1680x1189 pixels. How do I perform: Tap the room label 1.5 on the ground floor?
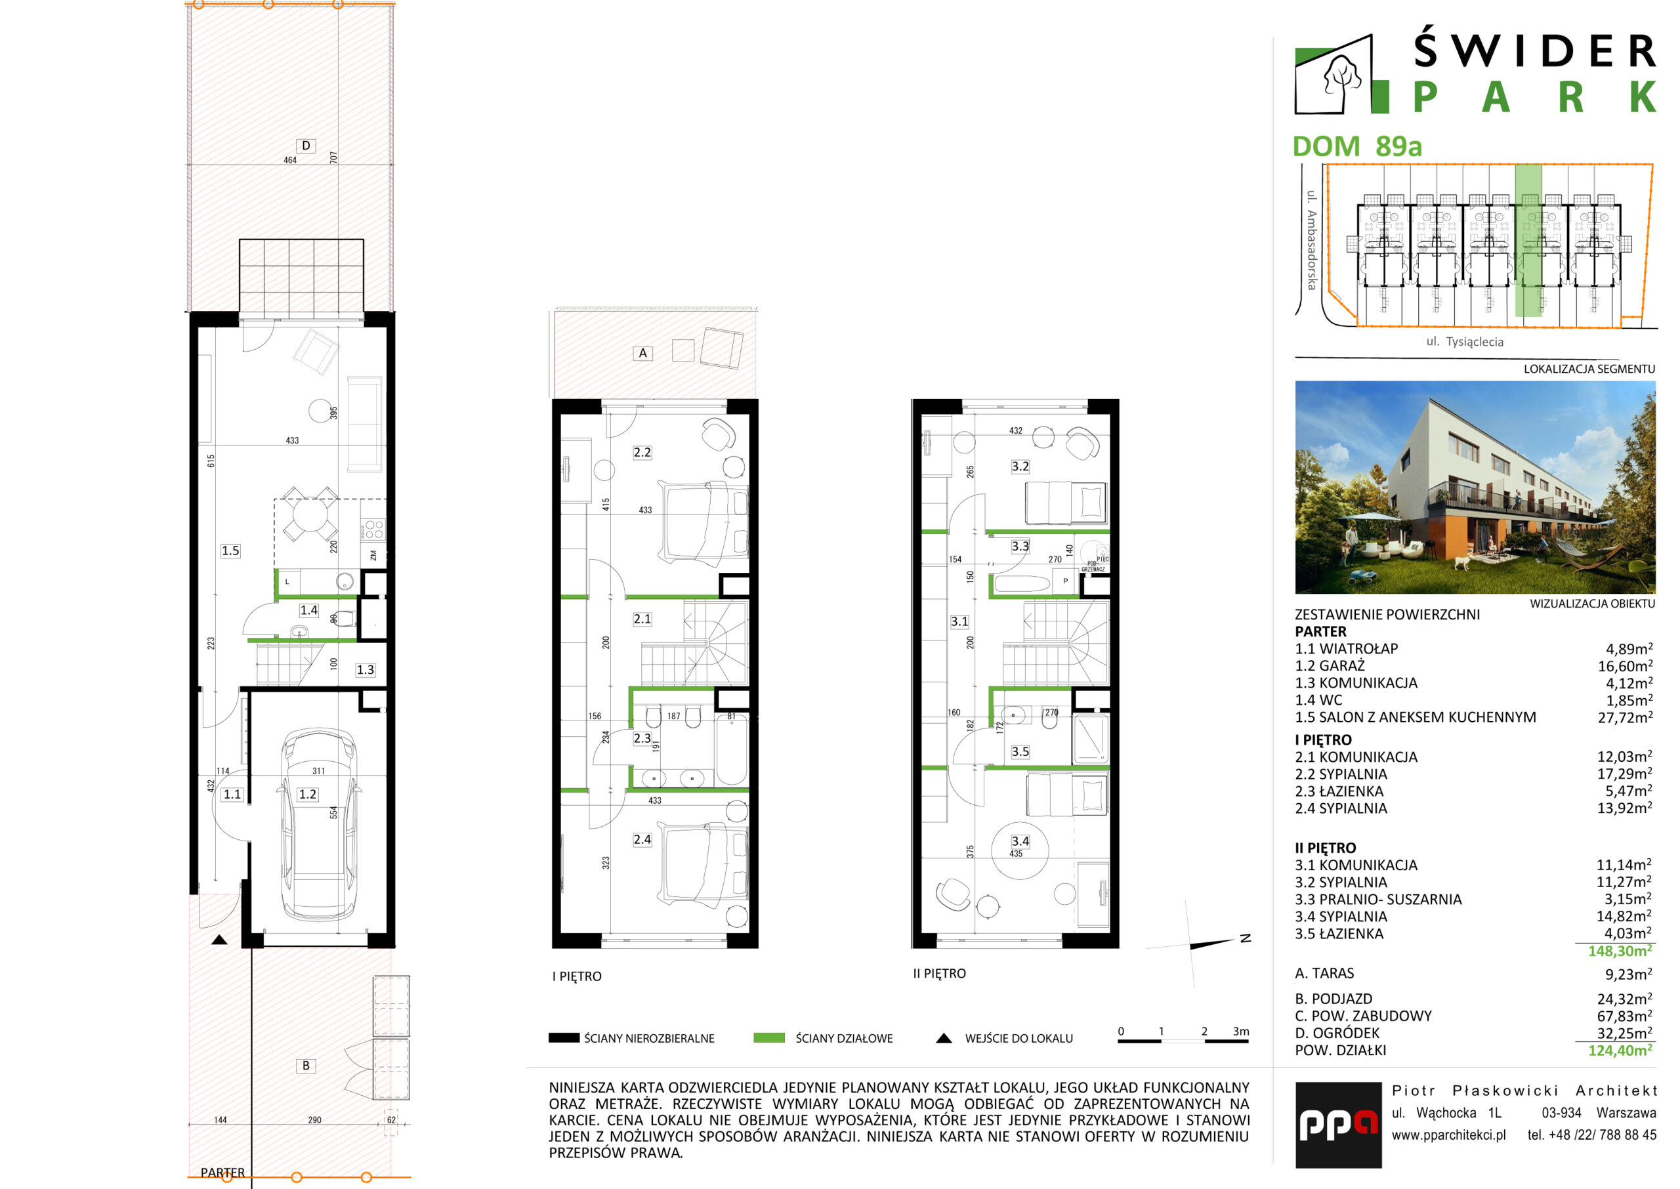pyautogui.click(x=230, y=551)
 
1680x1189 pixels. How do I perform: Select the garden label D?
pyautogui.click(x=306, y=145)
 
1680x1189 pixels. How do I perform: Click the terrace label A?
pyautogui.click(x=642, y=353)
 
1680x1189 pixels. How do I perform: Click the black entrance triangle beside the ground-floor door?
pyautogui.click(x=219, y=940)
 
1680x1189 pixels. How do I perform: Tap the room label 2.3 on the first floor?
pyautogui.click(x=642, y=738)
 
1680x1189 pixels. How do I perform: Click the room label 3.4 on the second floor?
pyautogui.click(x=1020, y=841)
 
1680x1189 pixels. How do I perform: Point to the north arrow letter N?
pyautogui.click(x=1245, y=938)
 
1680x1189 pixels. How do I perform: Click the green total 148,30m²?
pyautogui.click(x=1620, y=951)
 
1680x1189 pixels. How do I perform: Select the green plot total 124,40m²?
pyautogui.click(x=1620, y=1051)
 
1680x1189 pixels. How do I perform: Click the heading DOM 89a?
pyautogui.click(x=1356, y=146)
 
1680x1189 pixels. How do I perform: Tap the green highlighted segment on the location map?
pyautogui.click(x=1528, y=240)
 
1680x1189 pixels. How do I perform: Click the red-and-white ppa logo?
pyautogui.click(x=1338, y=1125)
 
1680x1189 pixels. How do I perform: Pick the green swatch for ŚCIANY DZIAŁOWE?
pyautogui.click(x=768, y=1037)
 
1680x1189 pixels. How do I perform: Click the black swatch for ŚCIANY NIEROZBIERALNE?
pyautogui.click(x=564, y=1037)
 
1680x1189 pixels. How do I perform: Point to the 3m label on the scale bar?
pyautogui.click(x=1241, y=1031)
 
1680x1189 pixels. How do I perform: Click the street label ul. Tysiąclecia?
pyautogui.click(x=1465, y=342)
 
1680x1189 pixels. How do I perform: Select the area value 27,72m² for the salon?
pyautogui.click(x=1625, y=717)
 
